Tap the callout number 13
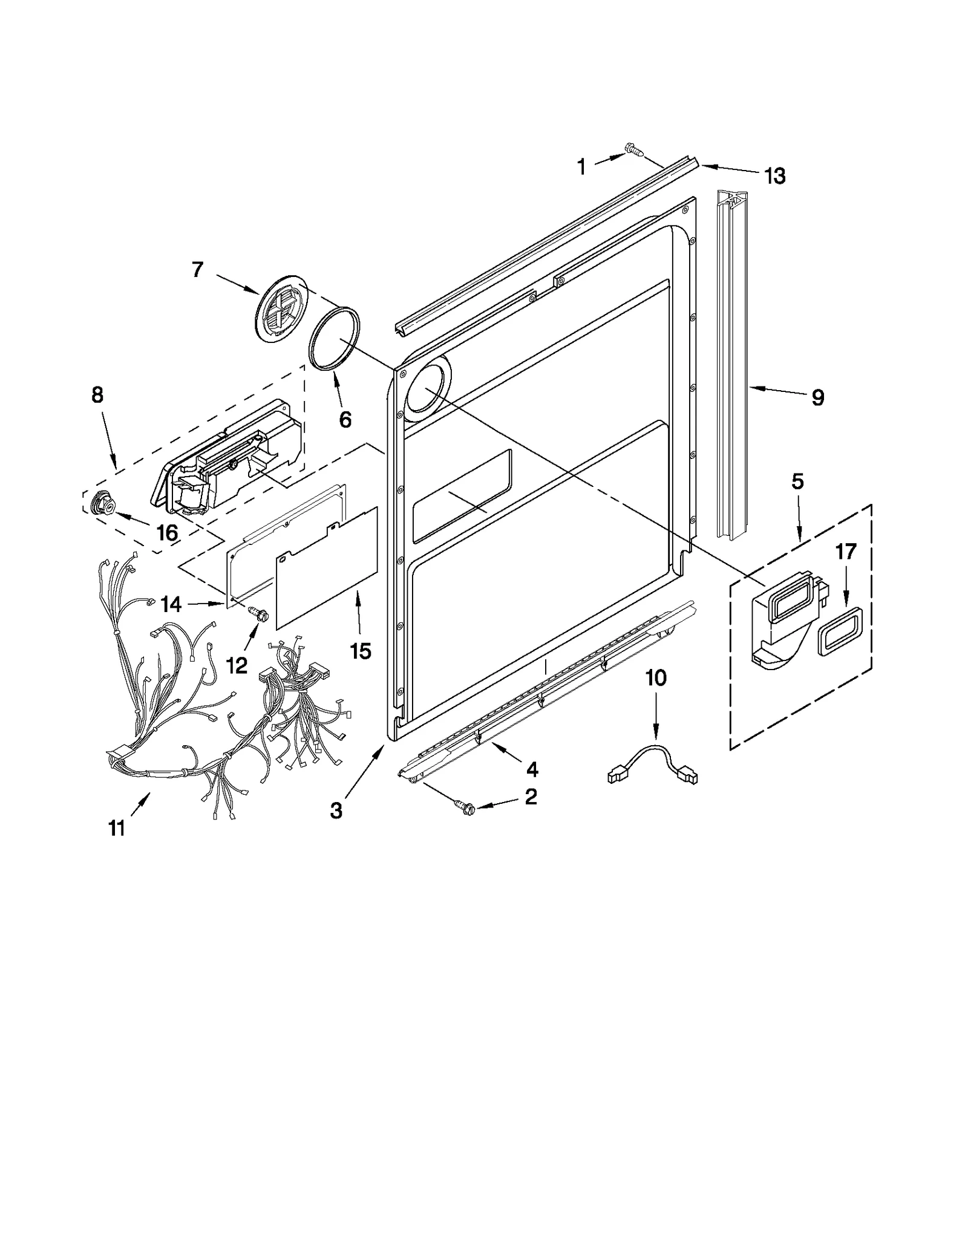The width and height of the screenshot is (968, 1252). (x=774, y=176)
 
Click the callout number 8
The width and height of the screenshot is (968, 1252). (x=97, y=395)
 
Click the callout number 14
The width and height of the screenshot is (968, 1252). (x=171, y=604)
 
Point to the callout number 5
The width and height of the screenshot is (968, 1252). (x=797, y=482)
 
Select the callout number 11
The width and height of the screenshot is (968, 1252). (x=116, y=827)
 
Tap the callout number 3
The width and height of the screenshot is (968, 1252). (x=336, y=810)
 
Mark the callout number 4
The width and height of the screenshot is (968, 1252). (x=532, y=769)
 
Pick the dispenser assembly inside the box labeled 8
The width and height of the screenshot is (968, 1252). (x=227, y=460)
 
